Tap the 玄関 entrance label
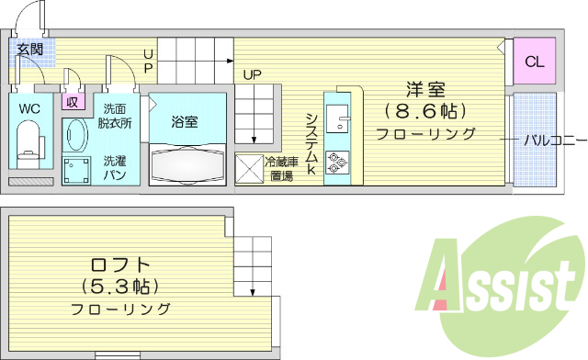pos(30,50)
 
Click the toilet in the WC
pos(29,140)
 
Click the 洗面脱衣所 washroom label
pos(114,116)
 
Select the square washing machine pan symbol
pos(77,170)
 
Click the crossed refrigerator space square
pos(249,170)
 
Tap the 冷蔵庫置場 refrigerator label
pos(280,169)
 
